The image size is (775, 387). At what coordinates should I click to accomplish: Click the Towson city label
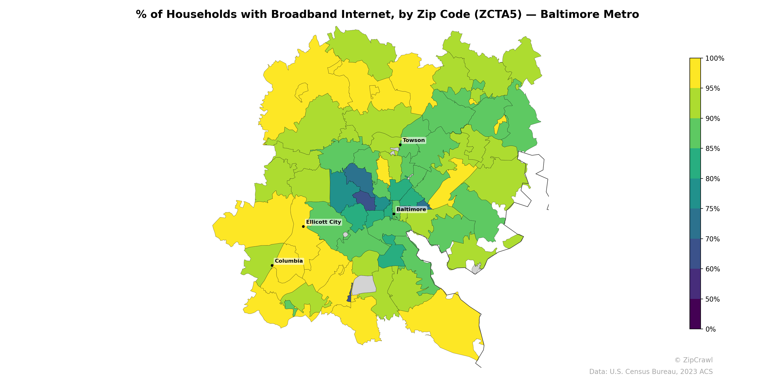tap(413, 140)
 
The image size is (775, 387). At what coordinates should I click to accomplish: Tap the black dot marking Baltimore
tap(394, 214)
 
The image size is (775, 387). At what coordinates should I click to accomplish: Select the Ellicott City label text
tap(323, 222)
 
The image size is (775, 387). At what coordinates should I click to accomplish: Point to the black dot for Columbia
tap(272, 265)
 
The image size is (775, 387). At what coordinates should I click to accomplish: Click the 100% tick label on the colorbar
tap(714, 59)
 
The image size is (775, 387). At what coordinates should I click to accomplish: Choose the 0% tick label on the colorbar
tap(710, 329)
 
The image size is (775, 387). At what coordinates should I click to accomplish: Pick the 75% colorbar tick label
tap(713, 209)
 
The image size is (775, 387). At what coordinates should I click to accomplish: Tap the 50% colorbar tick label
tap(713, 299)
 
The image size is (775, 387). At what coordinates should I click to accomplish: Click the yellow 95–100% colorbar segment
tap(695, 73)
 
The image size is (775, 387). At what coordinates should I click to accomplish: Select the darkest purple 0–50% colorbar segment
tap(695, 314)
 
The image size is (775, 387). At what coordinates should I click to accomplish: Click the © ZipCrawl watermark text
tap(693, 360)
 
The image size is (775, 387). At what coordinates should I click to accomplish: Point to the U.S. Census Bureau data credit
tap(651, 372)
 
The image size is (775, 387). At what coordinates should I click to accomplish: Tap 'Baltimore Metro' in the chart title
tap(589, 15)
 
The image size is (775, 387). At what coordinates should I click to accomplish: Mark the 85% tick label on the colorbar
tap(713, 149)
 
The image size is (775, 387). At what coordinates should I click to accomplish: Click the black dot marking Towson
tap(400, 145)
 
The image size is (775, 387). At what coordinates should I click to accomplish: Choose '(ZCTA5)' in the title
tap(498, 15)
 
